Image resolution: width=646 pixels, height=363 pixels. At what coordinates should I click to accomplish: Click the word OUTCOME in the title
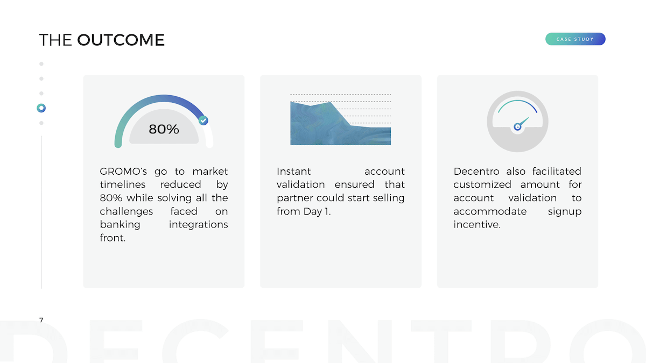click(x=121, y=40)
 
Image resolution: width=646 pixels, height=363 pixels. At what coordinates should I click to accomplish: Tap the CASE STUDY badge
click(x=575, y=39)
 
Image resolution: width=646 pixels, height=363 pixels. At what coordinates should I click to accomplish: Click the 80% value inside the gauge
click(x=164, y=129)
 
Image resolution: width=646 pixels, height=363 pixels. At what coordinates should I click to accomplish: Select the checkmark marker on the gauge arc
click(x=203, y=120)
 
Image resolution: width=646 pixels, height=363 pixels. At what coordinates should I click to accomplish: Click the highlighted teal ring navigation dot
click(x=41, y=108)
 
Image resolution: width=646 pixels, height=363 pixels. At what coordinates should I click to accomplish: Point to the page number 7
click(x=41, y=320)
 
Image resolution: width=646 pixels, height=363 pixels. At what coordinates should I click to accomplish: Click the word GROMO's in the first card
click(x=123, y=172)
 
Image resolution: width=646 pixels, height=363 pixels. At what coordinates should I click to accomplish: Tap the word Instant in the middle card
click(x=293, y=172)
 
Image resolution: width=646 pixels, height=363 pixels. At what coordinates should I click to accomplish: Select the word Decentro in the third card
click(x=476, y=172)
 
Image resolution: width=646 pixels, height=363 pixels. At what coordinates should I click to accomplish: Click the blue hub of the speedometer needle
click(x=517, y=127)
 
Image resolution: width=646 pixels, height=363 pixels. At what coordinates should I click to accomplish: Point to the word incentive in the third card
click(x=477, y=224)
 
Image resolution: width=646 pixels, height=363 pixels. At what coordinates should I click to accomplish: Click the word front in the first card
click(x=113, y=238)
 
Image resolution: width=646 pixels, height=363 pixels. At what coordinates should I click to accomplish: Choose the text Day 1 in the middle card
click(x=317, y=211)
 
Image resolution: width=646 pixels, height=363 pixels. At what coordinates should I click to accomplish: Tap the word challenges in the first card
click(x=127, y=211)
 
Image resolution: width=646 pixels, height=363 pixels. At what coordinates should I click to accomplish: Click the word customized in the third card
click(x=482, y=184)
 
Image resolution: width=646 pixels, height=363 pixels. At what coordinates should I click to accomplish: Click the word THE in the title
click(x=55, y=40)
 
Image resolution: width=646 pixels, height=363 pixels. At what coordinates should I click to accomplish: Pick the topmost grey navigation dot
click(x=41, y=63)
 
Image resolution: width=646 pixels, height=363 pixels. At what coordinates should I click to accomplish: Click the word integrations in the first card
click(x=199, y=225)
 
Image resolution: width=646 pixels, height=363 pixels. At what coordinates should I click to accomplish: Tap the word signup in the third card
click(x=565, y=212)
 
